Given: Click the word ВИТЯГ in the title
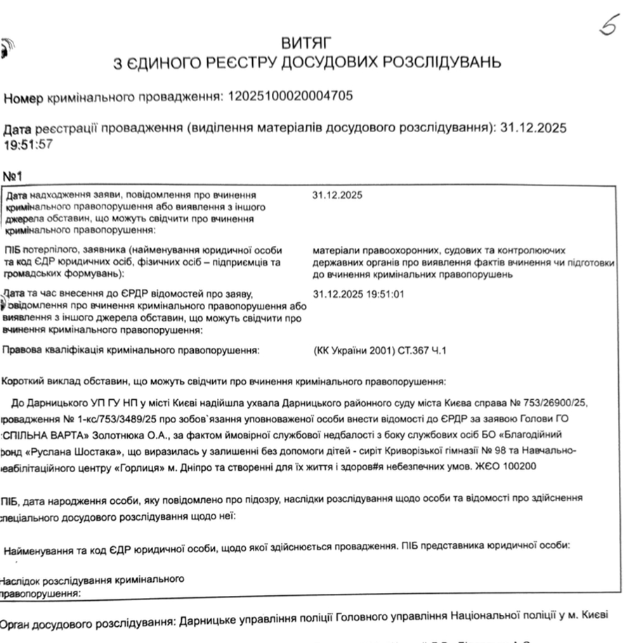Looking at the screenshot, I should click(306, 44).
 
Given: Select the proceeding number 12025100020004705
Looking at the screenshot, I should click(290, 96).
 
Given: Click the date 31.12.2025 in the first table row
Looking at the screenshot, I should click(337, 195).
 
